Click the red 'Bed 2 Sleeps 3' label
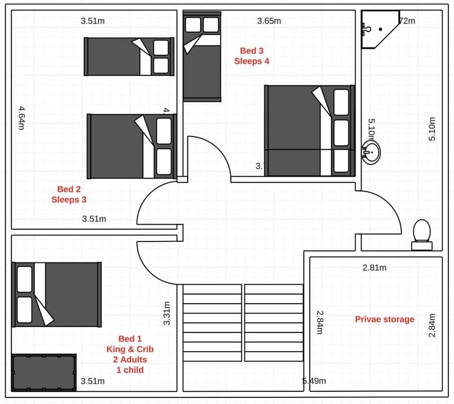click(x=69, y=195)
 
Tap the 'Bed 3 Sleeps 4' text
click(x=252, y=56)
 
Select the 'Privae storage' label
click(x=384, y=319)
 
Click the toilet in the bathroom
click(x=421, y=235)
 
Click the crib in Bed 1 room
click(x=44, y=372)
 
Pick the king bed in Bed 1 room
click(x=56, y=294)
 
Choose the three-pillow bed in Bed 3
click(x=309, y=130)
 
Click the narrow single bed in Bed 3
click(x=202, y=56)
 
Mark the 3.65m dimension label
click(x=269, y=21)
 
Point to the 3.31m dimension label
click(x=166, y=313)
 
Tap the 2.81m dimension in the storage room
click(x=374, y=268)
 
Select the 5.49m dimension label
click(x=314, y=381)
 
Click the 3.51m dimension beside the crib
click(x=93, y=381)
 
